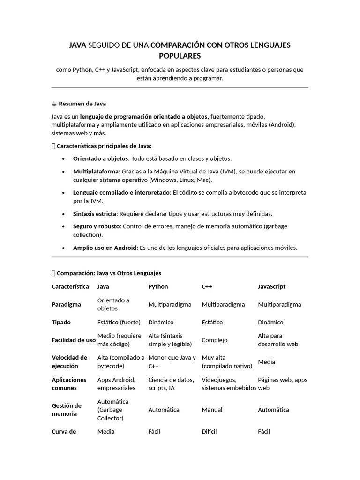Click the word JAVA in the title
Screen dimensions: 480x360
click(77, 45)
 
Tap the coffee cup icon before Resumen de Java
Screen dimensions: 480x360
click(54, 104)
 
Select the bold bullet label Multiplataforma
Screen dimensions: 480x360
click(96, 172)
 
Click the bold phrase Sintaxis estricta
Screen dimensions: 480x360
click(95, 214)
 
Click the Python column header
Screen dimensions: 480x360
click(158, 286)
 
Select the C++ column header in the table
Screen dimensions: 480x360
click(207, 286)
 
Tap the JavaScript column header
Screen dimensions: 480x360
click(271, 286)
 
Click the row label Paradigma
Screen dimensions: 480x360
click(66, 304)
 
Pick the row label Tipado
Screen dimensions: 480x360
click(61, 322)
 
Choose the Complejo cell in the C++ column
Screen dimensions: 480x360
click(214, 340)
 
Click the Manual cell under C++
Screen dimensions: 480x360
click(212, 410)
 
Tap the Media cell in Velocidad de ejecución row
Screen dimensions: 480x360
click(266, 362)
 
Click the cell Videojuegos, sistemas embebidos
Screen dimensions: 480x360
click(229, 384)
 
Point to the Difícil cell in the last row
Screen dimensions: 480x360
click(209, 431)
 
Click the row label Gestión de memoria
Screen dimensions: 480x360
click(67, 410)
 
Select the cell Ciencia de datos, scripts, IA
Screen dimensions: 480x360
click(171, 384)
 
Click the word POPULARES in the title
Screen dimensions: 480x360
click(180, 56)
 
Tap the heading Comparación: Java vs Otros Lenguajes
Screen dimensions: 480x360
click(109, 273)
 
